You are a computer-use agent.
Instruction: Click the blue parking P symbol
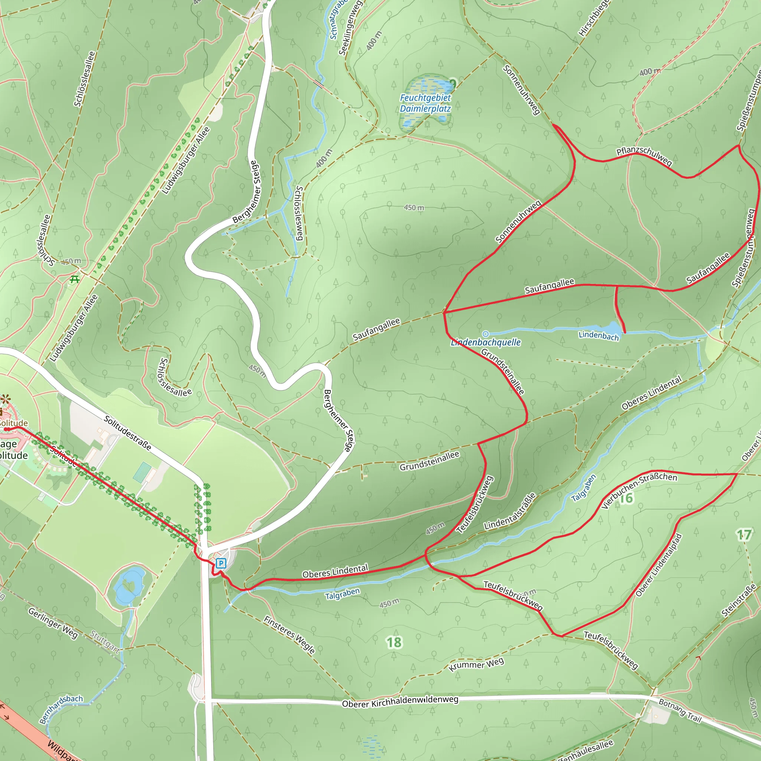[221, 563]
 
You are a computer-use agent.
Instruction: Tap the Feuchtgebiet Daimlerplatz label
[425, 103]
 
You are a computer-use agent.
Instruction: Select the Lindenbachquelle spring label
[486, 342]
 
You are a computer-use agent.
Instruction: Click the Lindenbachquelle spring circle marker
[486, 334]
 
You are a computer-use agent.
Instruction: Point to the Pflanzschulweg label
[644, 156]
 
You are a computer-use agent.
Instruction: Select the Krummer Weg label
[476, 664]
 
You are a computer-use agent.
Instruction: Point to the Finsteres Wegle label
[289, 635]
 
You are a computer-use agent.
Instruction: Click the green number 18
[394, 642]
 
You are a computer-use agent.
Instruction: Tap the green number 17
[744, 534]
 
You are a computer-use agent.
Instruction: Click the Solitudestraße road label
[127, 433]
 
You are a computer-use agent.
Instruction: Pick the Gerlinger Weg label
[53, 623]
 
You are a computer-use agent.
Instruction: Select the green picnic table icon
[74, 279]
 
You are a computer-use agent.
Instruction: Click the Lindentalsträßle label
[511, 511]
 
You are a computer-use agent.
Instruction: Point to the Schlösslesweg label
[299, 213]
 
